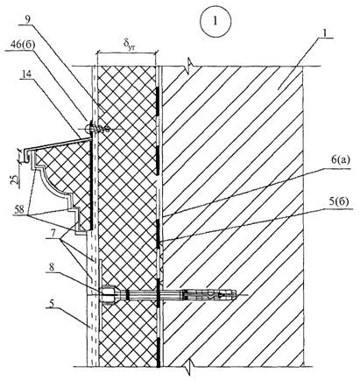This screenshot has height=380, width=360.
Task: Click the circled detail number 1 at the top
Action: (x=215, y=21)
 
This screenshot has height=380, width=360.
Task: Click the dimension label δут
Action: (x=127, y=44)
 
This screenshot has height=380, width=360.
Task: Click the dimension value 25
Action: (x=20, y=176)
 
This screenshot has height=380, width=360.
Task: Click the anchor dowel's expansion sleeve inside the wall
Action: (x=209, y=295)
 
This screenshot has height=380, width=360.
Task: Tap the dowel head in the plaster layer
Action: (x=109, y=295)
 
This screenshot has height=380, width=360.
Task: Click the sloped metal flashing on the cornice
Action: (x=58, y=145)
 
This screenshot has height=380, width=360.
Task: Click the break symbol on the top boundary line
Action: (x=189, y=64)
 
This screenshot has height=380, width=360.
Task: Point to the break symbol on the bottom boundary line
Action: (x=190, y=369)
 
